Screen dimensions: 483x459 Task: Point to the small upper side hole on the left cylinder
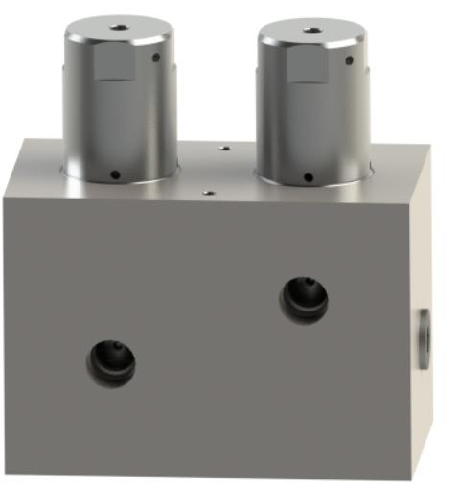[157, 57]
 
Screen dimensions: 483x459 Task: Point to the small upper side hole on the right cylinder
[351, 60]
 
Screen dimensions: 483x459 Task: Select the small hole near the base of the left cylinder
[114, 173]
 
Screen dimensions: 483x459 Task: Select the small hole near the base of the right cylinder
[308, 175]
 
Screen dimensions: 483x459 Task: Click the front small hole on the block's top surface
[207, 191]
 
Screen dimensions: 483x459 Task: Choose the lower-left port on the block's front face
[112, 362]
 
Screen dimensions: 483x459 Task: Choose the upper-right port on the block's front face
[304, 299]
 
